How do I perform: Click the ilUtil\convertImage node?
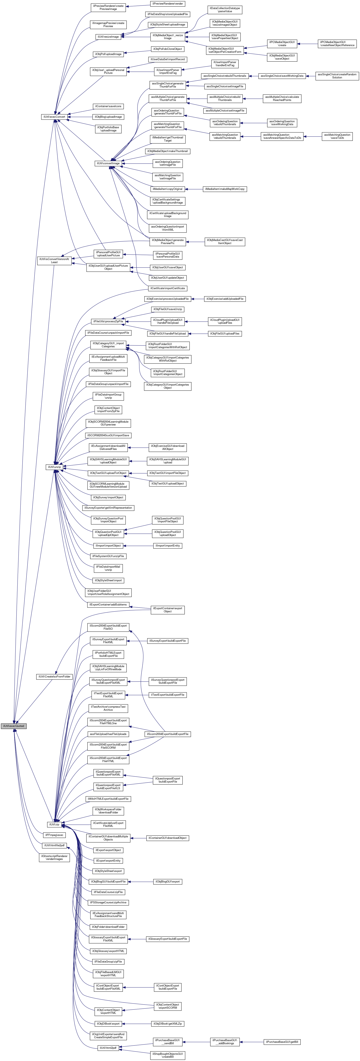108,163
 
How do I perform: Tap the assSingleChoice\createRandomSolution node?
337,76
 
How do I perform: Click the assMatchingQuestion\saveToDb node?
337,136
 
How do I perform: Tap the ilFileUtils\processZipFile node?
108,321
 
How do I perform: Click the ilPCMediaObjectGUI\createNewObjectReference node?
337,44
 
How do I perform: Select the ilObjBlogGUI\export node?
168,881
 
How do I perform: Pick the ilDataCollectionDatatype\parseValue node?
225,10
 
